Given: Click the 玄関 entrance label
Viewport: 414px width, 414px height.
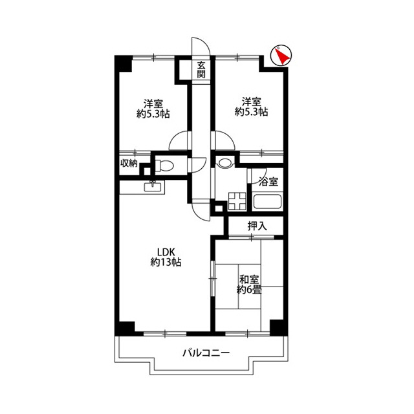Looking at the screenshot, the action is (201, 69).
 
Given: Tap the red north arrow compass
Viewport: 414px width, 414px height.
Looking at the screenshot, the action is (281, 56).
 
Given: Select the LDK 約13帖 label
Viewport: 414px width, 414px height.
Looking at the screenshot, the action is (166, 257).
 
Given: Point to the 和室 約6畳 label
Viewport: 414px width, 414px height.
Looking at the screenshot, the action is (249, 285).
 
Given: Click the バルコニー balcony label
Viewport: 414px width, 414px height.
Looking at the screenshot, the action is (206, 353).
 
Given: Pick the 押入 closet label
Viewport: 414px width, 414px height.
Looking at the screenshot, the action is (257, 226).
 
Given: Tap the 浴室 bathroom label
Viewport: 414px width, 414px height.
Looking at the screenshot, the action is (268, 182).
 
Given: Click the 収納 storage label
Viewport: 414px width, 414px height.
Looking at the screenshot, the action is (129, 163).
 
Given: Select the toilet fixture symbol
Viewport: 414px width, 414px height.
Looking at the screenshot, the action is (164, 166).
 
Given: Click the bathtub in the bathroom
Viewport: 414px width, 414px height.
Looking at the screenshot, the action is (267, 202).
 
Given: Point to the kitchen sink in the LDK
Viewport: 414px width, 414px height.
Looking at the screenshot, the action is (153, 187).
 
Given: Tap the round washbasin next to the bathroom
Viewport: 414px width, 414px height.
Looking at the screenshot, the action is (224, 163).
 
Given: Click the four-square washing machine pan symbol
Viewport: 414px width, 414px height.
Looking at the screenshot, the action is (237, 201).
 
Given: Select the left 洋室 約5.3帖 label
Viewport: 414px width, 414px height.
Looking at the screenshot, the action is (153, 108).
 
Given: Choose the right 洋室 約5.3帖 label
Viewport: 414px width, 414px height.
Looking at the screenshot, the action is (252, 107).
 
